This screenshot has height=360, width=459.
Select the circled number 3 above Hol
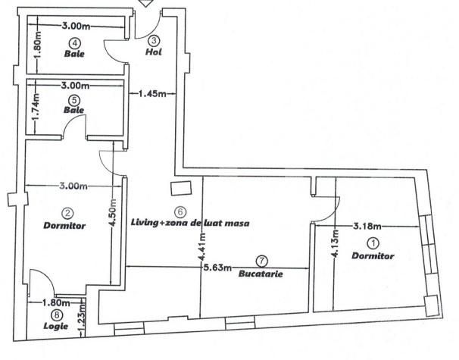154,40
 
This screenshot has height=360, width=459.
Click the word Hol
154,53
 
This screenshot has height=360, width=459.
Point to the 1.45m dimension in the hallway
154,95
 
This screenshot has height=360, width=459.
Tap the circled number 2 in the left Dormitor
67,214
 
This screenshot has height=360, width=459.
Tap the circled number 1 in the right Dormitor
373,243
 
